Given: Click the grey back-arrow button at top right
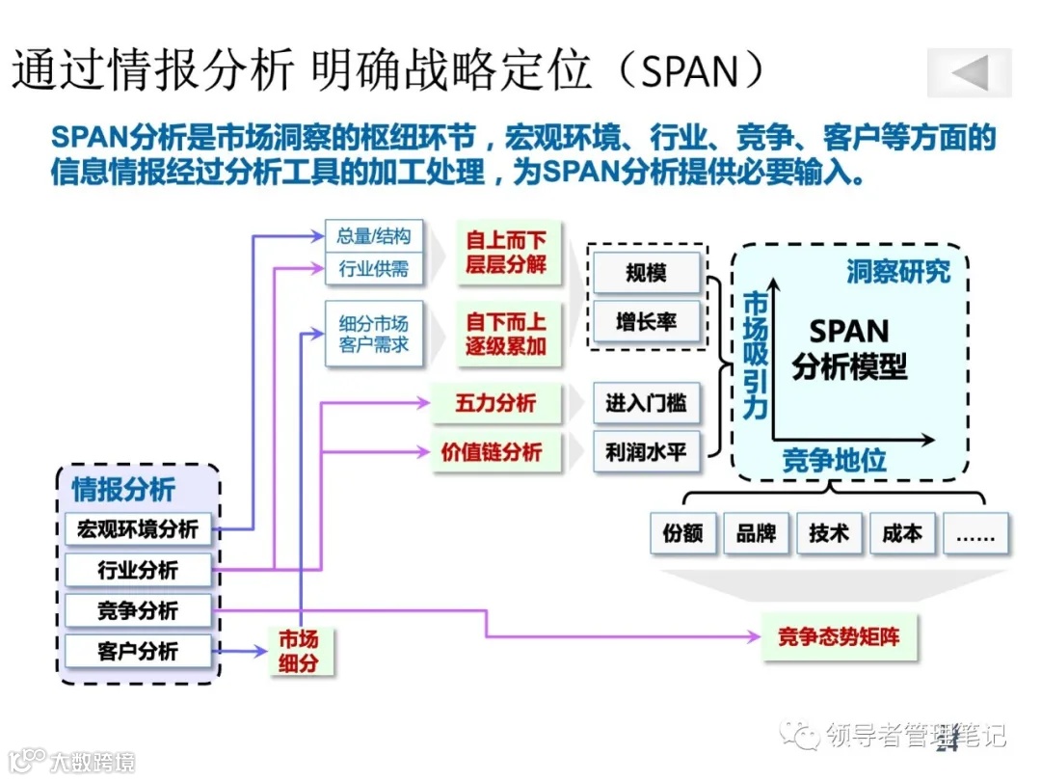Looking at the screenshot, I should tap(969, 72).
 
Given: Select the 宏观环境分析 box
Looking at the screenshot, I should tap(137, 528).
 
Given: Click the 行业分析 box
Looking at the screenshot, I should tap(137, 569).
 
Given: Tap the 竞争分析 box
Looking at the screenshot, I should tap(137, 609).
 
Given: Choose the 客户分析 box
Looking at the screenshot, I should tap(137, 650).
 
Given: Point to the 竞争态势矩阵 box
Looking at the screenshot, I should tap(838, 636).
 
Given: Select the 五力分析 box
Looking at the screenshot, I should tap(495, 403).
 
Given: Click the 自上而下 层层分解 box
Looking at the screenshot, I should tap(506, 253).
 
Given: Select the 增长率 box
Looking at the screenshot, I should tap(646, 322).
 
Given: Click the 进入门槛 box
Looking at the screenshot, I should tap(646, 404).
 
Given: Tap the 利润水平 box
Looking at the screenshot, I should tap(646, 451).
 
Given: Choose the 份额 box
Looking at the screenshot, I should tap(683, 533).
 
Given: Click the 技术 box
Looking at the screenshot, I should tap(829, 533).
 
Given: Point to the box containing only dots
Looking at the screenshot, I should tap(974, 533).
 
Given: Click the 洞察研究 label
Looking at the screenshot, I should tap(897, 272).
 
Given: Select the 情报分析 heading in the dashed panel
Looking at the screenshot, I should tap(123, 490).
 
